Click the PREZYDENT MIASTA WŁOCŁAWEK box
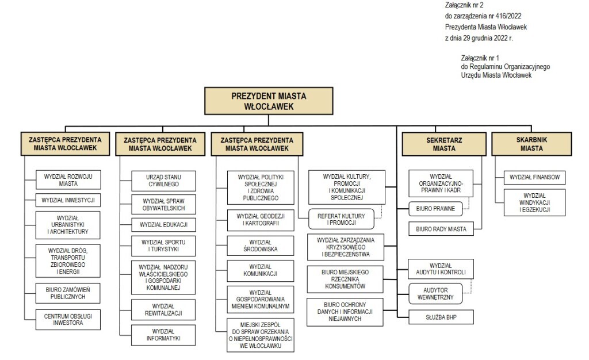(x=269, y=101)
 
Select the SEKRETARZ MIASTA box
(x=444, y=144)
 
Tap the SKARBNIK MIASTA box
(x=531, y=144)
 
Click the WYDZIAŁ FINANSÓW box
(x=534, y=177)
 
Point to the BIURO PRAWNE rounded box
(x=435, y=209)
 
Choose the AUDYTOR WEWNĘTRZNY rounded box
(x=435, y=293)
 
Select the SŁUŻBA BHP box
(x=441, y=317)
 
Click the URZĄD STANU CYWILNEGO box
(x=163, y=181)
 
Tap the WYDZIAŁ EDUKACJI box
(x=163, y=224)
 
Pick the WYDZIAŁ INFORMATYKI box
(x=163, y=335)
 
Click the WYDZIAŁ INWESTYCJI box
(x=68, y=200)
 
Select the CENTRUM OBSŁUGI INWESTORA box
(x=68, y=320)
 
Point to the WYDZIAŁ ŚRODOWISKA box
(x=261, y=246)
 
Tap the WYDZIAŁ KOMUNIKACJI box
(x=261, y=270)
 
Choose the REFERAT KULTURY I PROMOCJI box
(x=341, y=219)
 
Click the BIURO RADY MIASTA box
(x=441, y=229)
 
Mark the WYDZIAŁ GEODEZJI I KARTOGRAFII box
(x=261, y=220)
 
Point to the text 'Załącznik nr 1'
(x=480, y=58)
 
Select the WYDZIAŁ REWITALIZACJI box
(x=163, y=310)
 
